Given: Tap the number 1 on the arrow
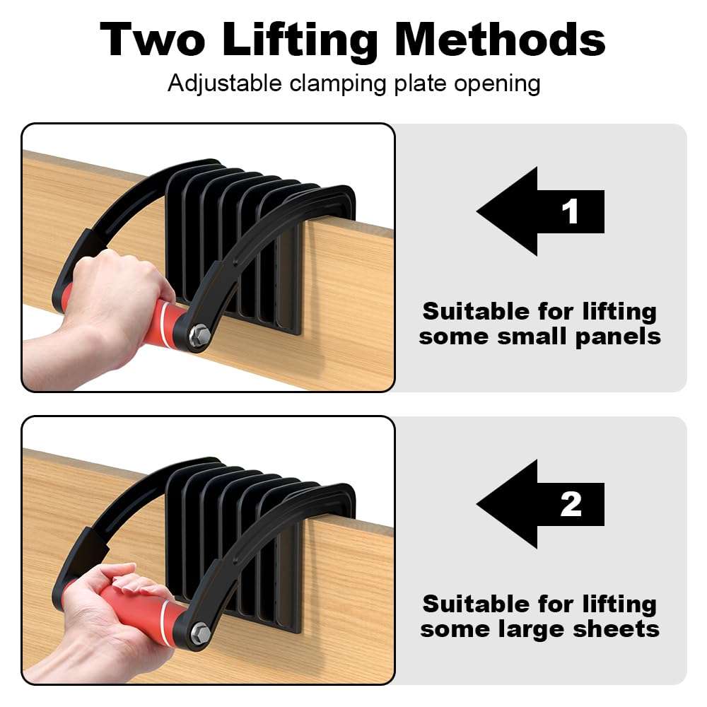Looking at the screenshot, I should [571, 211].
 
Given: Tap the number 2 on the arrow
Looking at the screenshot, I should [571, 504].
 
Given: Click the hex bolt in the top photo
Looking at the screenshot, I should [199, 334].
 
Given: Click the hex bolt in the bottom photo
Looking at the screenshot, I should [199, 628].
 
